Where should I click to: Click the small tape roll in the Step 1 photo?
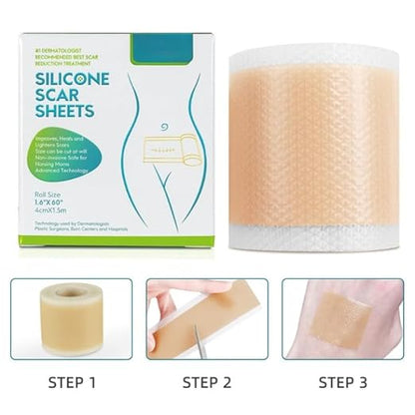pyautogui.click(x=70, y=317)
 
